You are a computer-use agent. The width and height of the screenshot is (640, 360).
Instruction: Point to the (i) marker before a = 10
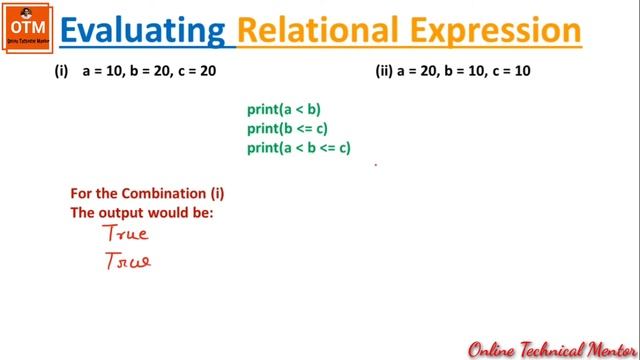(x=62, y=72)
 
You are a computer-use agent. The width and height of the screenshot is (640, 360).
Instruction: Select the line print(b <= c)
(x=288, y=129)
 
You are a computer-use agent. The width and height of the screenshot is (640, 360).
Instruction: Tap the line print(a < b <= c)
(x=299, y=148)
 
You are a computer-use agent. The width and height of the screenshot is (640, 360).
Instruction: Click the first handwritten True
(x=126, y=234)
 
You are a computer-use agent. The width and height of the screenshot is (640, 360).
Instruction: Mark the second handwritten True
(x=126, y=262)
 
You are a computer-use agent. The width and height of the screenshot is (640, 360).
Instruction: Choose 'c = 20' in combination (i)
(x=196, y=72)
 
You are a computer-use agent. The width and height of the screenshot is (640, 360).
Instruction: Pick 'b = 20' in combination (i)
(x=151, y=72)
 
